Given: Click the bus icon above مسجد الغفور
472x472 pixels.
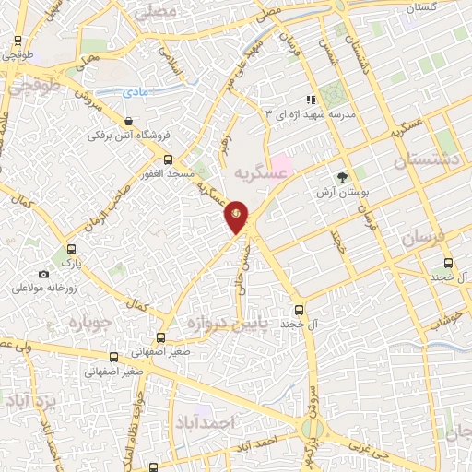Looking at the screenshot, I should coord(168,159).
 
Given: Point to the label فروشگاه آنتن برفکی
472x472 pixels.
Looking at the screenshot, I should coord(125,136).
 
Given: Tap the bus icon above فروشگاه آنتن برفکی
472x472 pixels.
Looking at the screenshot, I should coord(127,121).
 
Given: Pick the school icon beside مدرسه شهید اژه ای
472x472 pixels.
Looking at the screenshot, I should coord(312,100).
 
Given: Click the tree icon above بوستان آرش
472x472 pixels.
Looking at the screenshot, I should coord(343,177).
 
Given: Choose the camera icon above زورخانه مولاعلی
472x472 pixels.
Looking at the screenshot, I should coord(43,274).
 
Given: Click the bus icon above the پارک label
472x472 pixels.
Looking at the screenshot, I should coord(72,248).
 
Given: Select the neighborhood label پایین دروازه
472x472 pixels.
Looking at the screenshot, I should coord(226,324).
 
